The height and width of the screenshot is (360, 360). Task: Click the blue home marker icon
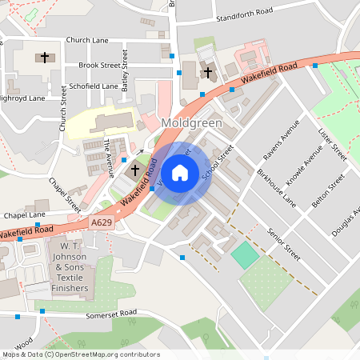coord(180,172)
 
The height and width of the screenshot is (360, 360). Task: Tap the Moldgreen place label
coord(190,123)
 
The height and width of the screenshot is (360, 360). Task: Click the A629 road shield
coord(102,222)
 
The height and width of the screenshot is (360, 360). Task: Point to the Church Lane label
coord(87,40)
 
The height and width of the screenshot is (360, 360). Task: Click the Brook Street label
coord(99,65)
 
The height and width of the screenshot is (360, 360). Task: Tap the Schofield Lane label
coord(94,86)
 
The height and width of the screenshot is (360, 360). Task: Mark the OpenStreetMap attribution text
coord(80,354)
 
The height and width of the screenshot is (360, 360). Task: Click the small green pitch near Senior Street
coord(245,255)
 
